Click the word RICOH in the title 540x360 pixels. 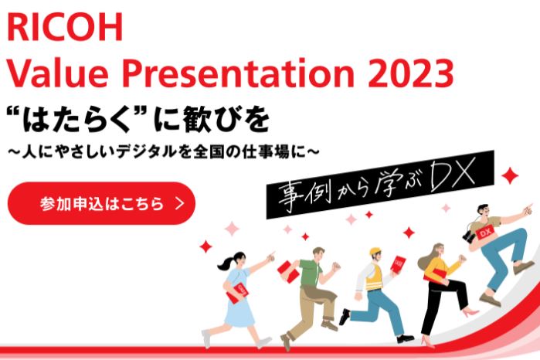click(65, 28)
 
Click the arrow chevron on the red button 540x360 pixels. click(179, 204)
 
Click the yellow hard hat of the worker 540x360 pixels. click(376, 252)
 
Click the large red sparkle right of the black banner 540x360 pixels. click(511, 175)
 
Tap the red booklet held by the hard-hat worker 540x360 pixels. click(399, 264)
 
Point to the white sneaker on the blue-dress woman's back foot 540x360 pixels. click(206, 338)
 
